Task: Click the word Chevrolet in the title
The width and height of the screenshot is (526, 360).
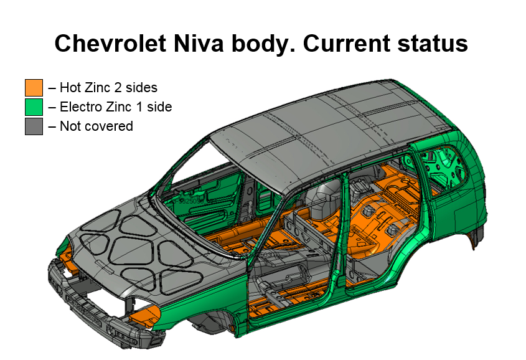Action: point(110,44)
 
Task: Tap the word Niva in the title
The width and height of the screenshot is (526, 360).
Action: point(199,44)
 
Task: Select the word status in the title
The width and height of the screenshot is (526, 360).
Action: point(433,44)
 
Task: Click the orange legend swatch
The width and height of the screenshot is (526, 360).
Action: point(34,88)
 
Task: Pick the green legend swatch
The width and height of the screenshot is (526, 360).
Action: point(34,107)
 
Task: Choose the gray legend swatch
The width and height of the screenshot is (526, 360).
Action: point(34,126)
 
